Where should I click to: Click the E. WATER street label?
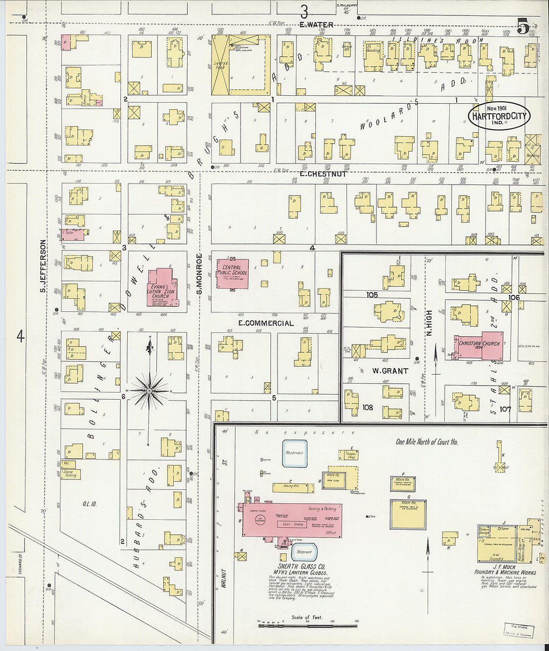tap(316, 25)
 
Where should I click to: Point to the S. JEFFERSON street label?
tap(43, 266)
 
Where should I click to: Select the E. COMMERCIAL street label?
tap(266, 323)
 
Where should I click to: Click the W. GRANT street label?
tap(390, 371)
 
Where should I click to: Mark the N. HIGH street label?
tap(429, 324)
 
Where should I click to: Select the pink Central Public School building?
tap(232, 273)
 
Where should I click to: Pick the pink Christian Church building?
tap(478, 346)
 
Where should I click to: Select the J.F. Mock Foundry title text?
tap(505, 569)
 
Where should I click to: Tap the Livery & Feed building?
tap(220, 65)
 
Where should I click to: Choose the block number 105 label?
tap(372, 295)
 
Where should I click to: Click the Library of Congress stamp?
tap(518, 632)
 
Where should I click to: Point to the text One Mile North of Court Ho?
tap(427, 442)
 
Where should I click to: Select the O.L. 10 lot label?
tap(90, 504)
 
